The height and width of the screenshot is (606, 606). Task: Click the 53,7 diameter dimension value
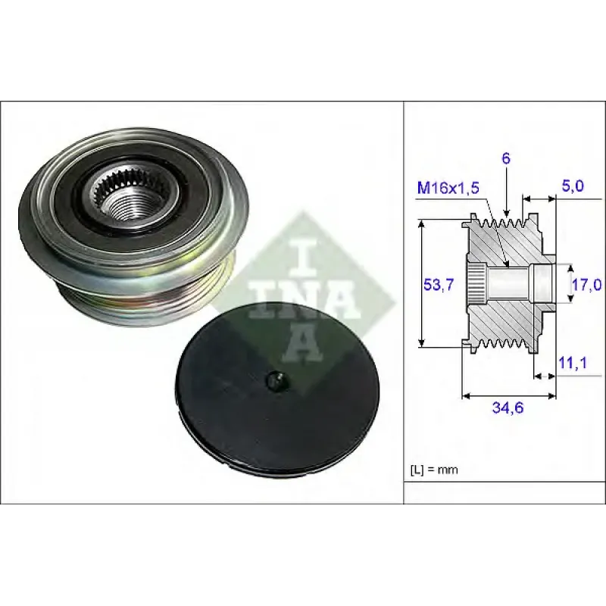click(439, 286)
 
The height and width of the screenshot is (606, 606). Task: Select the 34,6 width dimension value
click(508, 408)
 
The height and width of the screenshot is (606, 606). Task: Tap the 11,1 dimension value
click(573, 363)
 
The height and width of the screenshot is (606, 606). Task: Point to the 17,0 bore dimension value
click(586, 286)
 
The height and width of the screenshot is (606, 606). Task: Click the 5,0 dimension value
click(572, 186)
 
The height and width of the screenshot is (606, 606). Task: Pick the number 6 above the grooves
click(506, 158)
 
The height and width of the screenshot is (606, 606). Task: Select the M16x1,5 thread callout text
click(448, 188)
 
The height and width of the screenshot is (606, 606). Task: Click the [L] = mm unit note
click(433, 470)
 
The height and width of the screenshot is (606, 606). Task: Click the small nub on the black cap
click(276, 380)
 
